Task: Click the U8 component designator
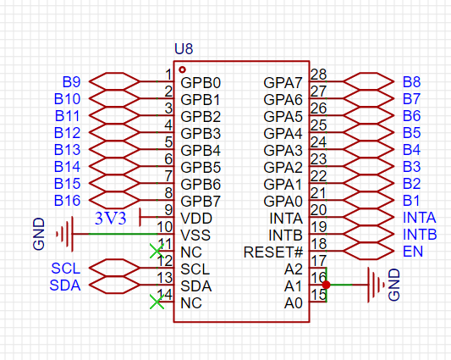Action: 184,49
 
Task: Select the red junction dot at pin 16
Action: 326,285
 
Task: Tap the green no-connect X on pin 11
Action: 157,251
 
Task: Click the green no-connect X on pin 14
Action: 157,302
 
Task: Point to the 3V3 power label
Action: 111,219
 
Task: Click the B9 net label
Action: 72,82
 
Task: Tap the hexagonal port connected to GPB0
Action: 114,81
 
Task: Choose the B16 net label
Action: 68,201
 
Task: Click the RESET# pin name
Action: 273,252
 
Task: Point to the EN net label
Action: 413,252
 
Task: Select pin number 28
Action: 319,75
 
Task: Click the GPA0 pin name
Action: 283,202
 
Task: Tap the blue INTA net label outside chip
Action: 420,218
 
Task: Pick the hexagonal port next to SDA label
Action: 114,285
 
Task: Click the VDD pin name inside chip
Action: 196,219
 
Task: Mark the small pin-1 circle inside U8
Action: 182,69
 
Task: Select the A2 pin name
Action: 294,269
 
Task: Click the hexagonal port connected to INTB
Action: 369,234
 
